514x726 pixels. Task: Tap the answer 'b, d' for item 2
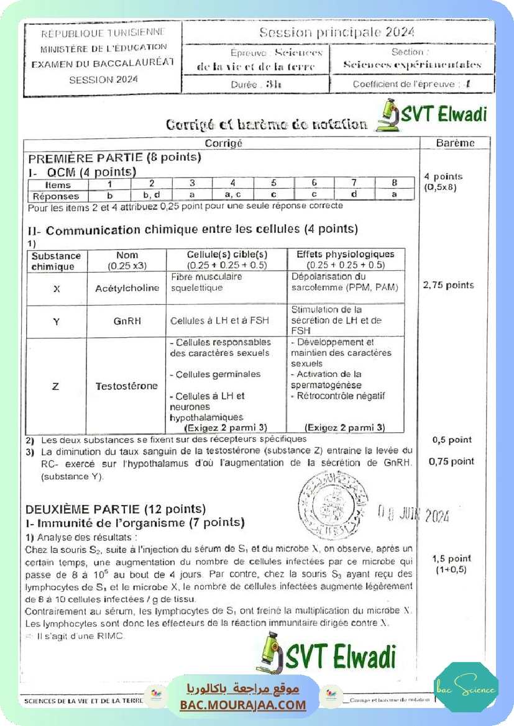click(x=152, y=195)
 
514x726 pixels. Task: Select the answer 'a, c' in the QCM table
click(x=232, y=195)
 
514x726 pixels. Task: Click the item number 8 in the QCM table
click(x=394, y=184)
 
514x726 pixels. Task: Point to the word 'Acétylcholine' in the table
click(x=127, y=288)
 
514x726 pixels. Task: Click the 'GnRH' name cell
click(x=127, y=320)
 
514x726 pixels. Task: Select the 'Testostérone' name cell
click(x=127, y=386)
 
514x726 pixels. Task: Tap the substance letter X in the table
click(x=57, y=289)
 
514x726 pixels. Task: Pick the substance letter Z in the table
click(x=56, y=386)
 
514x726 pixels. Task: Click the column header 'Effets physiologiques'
click(x=346, y=255)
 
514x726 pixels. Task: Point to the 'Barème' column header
click(x=455, y=143)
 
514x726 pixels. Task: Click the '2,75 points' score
click(x=449, y=285)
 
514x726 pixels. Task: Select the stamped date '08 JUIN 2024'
click(x=413, y=514)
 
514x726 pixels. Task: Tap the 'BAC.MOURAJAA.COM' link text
click(x=243, y=705)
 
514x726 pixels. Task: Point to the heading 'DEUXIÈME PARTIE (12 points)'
click(x=116, y=509)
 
